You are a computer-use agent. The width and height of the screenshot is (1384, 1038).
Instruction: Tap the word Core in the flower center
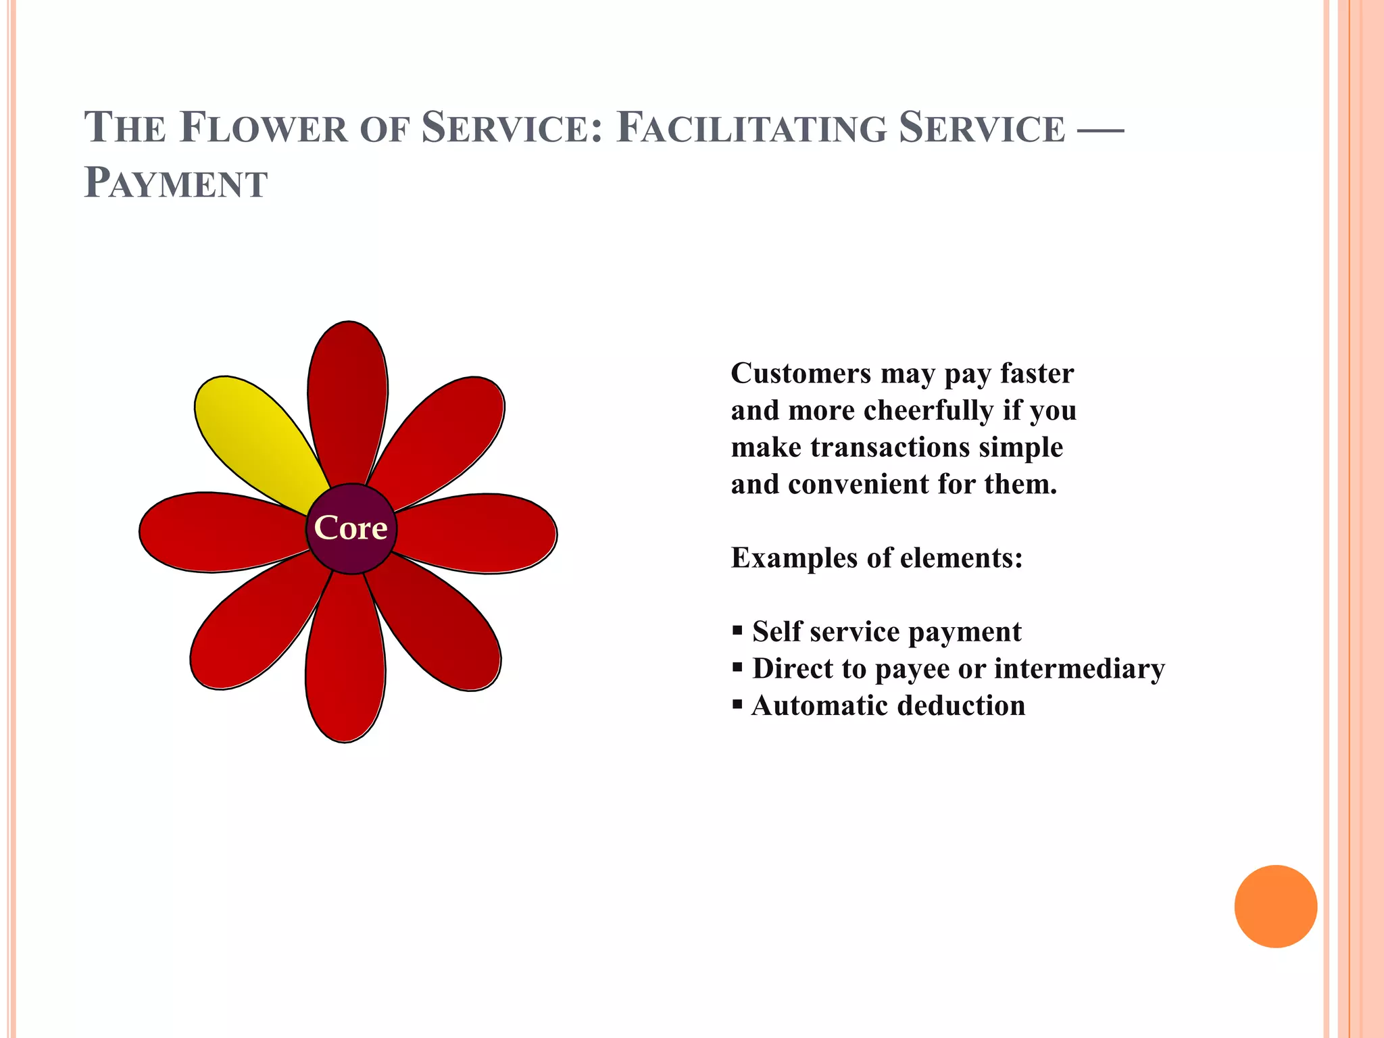pyautogui.click(x=351, y=528)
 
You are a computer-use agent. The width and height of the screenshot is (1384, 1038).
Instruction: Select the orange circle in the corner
pyautogui.click(x=1275, y=906)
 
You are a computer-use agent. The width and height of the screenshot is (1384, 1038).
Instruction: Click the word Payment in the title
pyautogui.click(x=176, y=183)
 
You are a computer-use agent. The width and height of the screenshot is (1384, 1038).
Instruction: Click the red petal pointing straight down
pyautogui.click(x=345, y=662)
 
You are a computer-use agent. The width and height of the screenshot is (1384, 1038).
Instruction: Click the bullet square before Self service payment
pyautogui.click(x=737, y=631)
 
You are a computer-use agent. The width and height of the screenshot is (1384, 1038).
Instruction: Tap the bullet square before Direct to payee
pyautogui.click(x=737, y=668)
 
